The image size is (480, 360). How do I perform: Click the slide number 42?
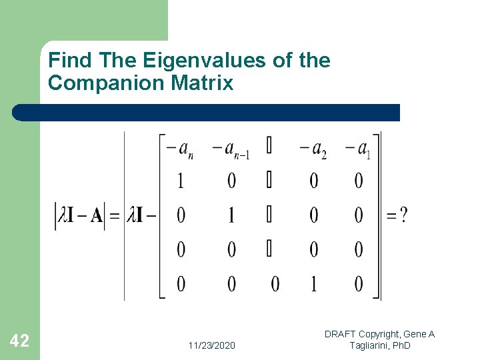point(19,341)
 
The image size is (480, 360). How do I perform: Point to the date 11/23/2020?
point(211,345)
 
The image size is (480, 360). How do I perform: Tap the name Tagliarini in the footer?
point(371,345)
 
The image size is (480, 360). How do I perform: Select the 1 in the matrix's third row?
point(231,215)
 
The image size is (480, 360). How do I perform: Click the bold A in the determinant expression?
point(96,216)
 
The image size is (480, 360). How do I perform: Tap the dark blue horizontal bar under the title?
point(207,113)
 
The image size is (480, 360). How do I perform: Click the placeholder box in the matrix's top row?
point(269,146)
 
